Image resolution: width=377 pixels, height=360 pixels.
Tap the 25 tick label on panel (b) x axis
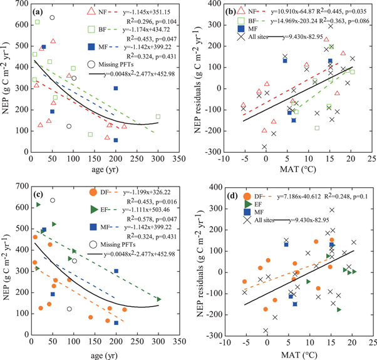[373, 162]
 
